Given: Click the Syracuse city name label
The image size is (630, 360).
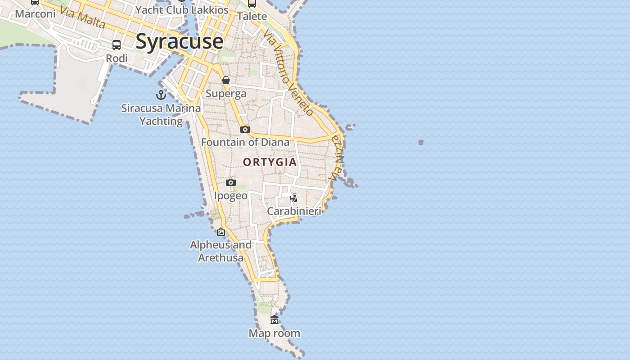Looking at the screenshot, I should coord(179,41).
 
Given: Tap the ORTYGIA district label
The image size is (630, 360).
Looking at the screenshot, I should coord(270,162).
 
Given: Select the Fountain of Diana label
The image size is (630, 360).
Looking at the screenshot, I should coord(245,142).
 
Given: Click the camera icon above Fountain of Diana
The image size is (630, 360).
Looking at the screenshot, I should coord(245,130).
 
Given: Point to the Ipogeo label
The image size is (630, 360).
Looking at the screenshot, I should coord(230,196).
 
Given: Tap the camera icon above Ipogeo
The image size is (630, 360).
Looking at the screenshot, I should coord(231,182).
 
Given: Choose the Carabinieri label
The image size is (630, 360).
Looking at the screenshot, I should coord(294,211).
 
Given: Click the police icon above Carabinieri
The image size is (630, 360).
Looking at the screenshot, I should coord(294,198).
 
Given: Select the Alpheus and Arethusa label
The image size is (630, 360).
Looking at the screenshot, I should coord(221,251).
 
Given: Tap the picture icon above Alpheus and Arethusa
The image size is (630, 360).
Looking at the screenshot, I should coord(221,232).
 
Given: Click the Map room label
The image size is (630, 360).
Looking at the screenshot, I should coord(274,333).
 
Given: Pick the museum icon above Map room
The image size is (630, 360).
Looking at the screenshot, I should coord(274,320).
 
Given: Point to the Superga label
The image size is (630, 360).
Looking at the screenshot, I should coord(226,94).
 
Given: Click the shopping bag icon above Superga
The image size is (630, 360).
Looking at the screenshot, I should coord(226,80).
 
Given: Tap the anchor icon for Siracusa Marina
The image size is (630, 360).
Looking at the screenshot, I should coord(161,94).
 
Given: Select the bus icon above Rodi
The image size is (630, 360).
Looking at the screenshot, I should coord(117,45).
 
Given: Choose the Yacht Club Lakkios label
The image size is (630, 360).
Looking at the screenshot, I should coord(182,10).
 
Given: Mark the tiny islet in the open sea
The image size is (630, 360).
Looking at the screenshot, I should coord(421,142).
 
